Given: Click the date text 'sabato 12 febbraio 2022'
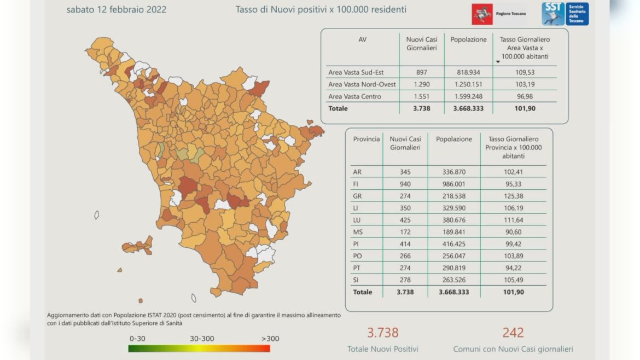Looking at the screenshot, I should point(116,9).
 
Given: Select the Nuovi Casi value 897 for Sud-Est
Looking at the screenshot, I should point(421,72).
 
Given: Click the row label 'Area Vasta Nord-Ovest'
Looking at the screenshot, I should point(362,84).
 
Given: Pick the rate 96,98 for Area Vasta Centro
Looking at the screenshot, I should point(525,96).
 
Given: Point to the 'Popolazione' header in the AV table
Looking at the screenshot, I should point(468,39).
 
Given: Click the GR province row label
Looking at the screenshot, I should point(357,196).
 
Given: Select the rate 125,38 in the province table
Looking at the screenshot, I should point(513,196).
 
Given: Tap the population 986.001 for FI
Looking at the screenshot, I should point(453,184).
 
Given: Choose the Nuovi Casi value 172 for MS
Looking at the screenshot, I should point(405,232).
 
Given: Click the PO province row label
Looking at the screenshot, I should point(357,256).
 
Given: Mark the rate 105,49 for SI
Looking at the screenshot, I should point(513,280).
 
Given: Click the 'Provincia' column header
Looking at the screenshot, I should point(366,139).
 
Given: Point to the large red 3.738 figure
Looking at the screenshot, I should point(382,332).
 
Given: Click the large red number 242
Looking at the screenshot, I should point(513,332).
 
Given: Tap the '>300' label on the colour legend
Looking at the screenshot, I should point(270,339).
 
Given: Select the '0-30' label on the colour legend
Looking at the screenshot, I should point(137,339).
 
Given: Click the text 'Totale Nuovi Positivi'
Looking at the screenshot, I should point(382,349).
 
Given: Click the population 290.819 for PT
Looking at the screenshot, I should point(453,268).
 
